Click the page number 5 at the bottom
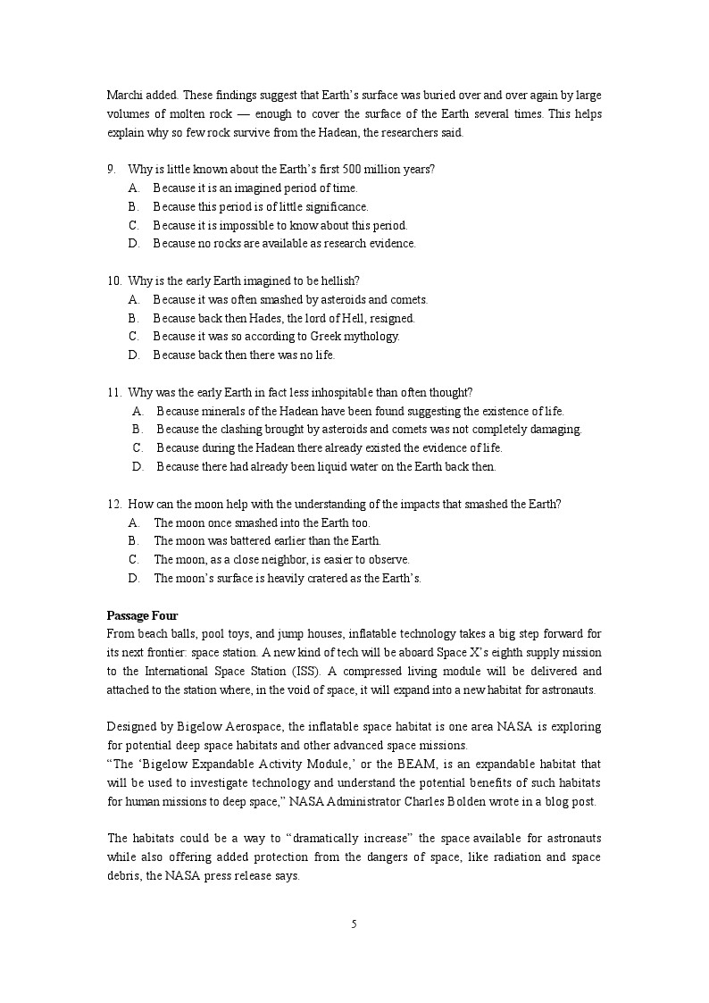(x=354, y=924)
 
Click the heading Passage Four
(x=142, y=615)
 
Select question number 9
(x=112, y=169)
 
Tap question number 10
(x=114, y=280)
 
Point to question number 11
(x=114, y=392)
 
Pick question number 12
(x=114, y=504)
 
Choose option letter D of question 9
(x=134, y=243)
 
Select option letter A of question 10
(x=134, y=299)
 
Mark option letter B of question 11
(x=138, y=429)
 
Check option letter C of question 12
(x=134, y=559)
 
